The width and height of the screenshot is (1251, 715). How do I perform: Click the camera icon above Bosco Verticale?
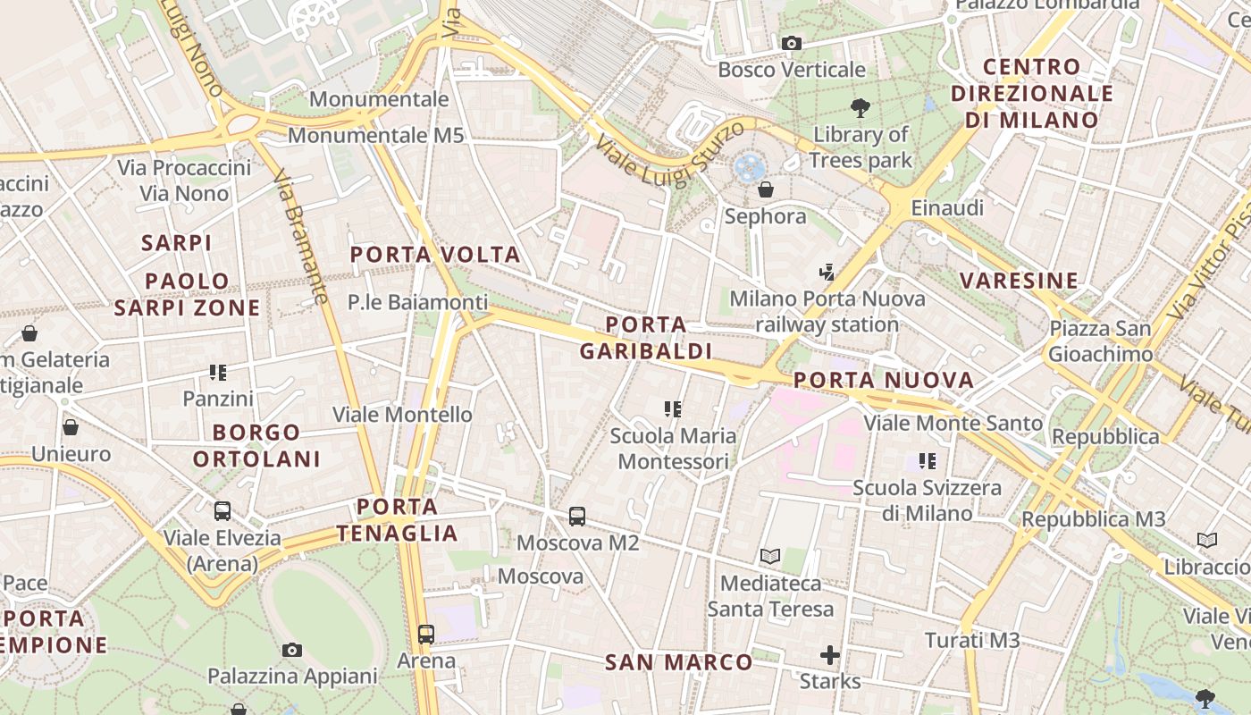pos(791,43)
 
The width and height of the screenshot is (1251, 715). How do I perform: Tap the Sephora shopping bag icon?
pos(766,189)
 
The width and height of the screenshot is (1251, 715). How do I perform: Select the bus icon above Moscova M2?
pos(577,516)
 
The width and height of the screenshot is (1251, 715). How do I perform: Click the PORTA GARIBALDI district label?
pos(646,338)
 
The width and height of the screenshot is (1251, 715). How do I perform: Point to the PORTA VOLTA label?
pos(435,255)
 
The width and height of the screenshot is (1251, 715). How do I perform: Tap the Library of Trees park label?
pos(861,147)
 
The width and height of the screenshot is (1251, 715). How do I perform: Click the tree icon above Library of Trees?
pos(861,108)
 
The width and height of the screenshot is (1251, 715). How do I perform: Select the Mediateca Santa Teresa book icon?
pos(770,556)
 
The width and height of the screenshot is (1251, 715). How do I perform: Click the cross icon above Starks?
pos(830,655)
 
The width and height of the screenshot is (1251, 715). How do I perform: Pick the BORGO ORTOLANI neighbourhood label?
pos(256,446)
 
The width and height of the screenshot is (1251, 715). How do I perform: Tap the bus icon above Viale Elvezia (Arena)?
pos(222,511)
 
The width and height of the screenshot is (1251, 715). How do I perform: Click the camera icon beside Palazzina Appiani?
pos(292,650)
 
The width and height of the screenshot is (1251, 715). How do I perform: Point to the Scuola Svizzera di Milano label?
pos(927,500)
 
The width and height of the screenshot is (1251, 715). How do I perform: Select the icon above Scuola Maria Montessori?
pos(673,409)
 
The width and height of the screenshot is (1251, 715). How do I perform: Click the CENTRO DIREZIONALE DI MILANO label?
pos(1032,93)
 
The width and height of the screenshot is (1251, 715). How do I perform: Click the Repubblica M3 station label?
pos(1094,519)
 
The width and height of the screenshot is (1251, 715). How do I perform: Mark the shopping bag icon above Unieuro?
pos(71,427)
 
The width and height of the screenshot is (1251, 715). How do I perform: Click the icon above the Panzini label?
pos(218,372)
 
